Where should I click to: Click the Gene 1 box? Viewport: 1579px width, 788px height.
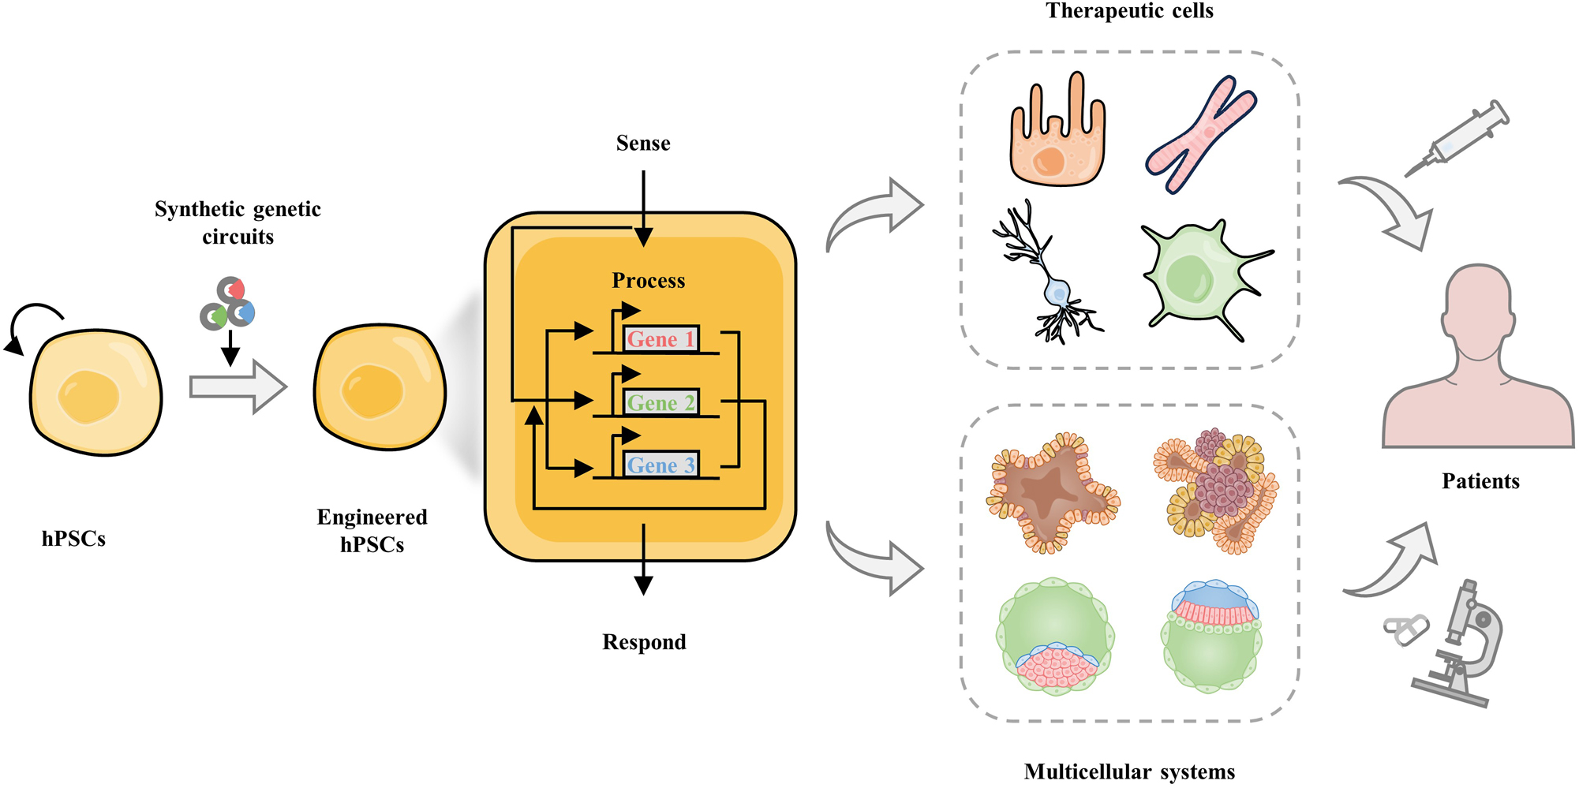point(661,339)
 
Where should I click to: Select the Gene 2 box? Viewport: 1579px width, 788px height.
point(661,403)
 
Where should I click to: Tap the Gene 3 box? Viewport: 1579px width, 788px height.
point(661,465)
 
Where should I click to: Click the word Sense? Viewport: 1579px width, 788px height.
point(643,144)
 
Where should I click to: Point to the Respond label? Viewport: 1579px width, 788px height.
point(644,642)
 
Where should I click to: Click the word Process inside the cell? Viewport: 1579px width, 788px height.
point(649,281)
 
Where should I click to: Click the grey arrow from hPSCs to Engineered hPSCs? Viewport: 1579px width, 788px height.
point(238,387)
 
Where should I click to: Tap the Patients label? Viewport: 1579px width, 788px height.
point(1480,481)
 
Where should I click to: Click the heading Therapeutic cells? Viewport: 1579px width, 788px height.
point(1129,11)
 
